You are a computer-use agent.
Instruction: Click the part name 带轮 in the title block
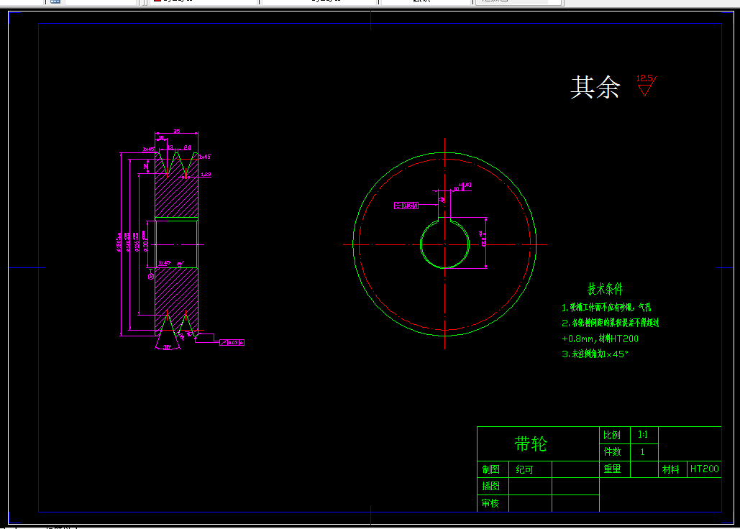click(x=531, y=444)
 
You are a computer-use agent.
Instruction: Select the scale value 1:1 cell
click(x=642, y=435)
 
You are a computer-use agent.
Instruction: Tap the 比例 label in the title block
click(x=611, y=435)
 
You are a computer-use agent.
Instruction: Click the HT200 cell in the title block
click(x=704, y=469)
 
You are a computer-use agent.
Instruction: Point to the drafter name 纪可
click(x=525, y=469)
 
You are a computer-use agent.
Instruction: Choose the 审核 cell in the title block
click(x=490, y=503)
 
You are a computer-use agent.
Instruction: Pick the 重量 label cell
click(x=612, y=469)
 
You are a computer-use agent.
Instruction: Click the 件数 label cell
click(x=612, y=452)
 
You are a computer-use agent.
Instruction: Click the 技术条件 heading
click(x=606, y=289)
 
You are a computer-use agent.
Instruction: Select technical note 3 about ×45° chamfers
click(x=595, y=354)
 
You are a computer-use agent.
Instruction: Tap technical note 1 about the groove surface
click(x=610, y=308)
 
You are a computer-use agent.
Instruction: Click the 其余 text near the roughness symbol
click(x=595, y=87)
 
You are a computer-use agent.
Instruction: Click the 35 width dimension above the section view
click(x=176, y=132)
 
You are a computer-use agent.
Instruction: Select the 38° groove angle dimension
click(x=167, y=346)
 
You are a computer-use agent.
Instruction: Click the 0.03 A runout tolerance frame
click(x=232, y=342)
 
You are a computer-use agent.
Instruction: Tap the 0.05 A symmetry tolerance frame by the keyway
click(x=407, y=206)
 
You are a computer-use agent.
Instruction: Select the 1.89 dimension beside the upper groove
click(x=206, y=174)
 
